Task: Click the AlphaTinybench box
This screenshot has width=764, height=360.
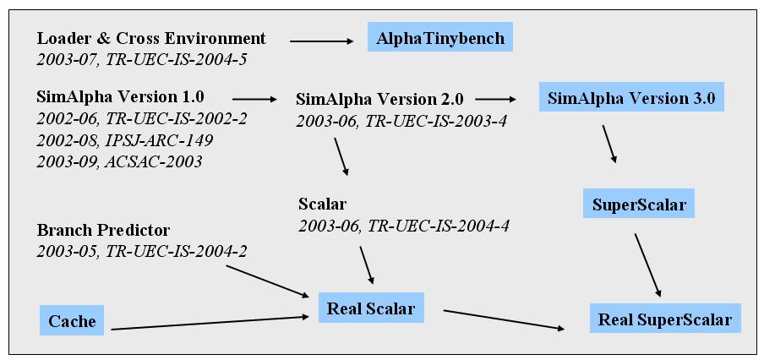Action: [x=440, y=37]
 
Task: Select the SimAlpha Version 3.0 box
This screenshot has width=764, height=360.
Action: [x=631, y=97]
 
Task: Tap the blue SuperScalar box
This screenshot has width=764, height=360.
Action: [x=639, y=205]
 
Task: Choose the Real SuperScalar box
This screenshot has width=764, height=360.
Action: [x=665, y=319]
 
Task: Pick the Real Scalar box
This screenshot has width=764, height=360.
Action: [x=371, y=308]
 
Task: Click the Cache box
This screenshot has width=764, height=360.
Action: [x=72, y=320]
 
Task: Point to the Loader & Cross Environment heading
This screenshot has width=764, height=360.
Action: [x=151, y=38]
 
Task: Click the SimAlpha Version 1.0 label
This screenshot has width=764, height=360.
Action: [x=120, y=96]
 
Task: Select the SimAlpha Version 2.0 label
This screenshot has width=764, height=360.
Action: [x=380, y=99]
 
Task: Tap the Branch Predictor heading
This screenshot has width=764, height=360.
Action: [x=103, y=230]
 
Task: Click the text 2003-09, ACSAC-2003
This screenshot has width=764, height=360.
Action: [x=119, y=161]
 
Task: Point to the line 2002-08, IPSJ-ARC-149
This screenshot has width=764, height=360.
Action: [x=125, y=140]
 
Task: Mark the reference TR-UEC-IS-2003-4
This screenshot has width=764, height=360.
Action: [x=437, y=120]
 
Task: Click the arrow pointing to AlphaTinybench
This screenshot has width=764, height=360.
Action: [x=322, y=41]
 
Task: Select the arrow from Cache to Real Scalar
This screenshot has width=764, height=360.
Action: [x=210, y=323]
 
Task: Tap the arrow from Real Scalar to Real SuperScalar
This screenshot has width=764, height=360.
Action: [x=505, y=319]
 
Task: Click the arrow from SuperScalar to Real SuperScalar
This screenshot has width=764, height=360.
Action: [x=647, y=265]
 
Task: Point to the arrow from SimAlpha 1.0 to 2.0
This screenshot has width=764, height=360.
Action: [x=254, y=100]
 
